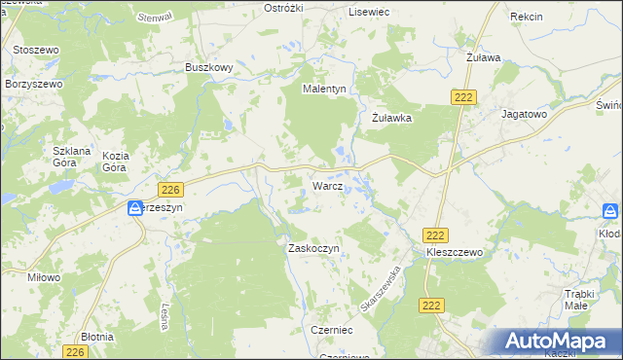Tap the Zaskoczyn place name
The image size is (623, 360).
click(x=312, y=248)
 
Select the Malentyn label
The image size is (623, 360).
click(x=324, y=89)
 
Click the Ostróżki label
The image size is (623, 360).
click(x=285, y=8)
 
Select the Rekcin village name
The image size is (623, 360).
click(x=526, y=18)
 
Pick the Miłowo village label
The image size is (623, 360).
click(x=44, y=277)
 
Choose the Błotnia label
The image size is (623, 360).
click(x=97, y=336)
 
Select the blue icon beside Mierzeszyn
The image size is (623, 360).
click(x=136, y=208)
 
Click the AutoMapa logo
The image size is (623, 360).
click(x=559, y=342)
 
